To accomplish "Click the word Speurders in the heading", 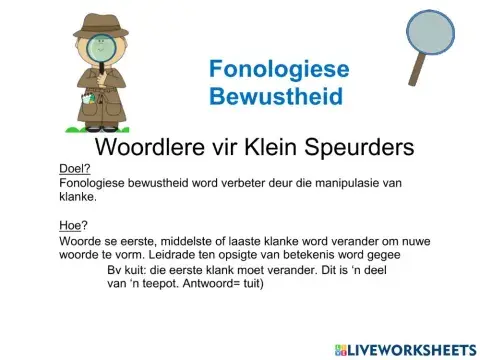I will (x=357, y=147).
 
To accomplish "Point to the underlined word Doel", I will (x=73, y=169).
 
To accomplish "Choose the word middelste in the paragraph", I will (x=172, y=240).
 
